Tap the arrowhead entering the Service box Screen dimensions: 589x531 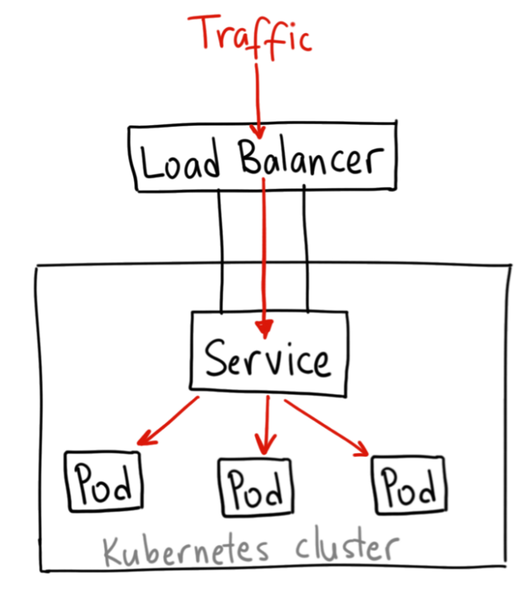tap(265, 328)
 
